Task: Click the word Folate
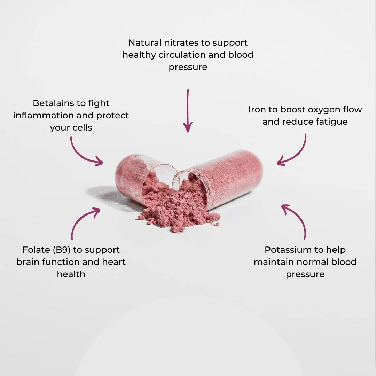[36, 250]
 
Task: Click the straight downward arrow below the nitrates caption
[188, 111]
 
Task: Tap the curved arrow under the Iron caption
[297, 155]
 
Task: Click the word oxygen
[324, 110]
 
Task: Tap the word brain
[29, 262]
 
